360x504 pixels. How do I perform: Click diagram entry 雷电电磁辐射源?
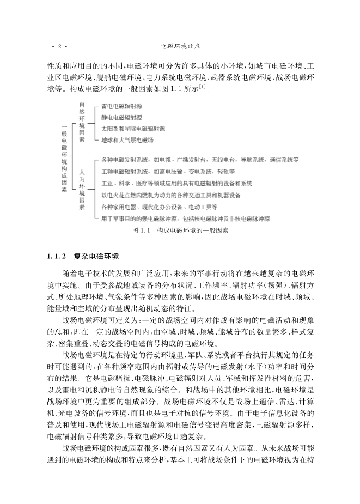(121, 107)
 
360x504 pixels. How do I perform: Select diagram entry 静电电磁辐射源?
(121, 117)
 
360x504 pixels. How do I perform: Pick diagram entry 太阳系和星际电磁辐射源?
(133, 129)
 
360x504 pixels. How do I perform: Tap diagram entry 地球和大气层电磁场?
(127, 140)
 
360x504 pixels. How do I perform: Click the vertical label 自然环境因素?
(82, 123)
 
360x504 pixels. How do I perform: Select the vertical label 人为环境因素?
(82, 189)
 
